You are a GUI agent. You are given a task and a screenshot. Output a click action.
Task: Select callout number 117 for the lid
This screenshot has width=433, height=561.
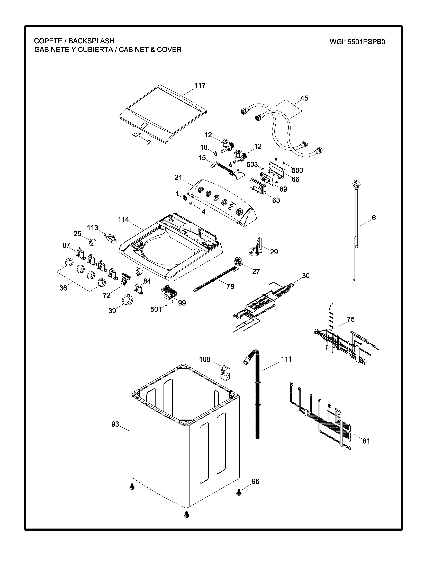click(200, 86)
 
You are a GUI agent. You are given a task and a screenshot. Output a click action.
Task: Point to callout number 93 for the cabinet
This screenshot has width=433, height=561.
click(115, 424)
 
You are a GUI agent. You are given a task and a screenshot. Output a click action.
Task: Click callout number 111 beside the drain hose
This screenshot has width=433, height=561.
click(286, 359)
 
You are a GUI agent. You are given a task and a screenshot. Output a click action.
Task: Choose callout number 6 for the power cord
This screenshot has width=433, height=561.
click(374, 218)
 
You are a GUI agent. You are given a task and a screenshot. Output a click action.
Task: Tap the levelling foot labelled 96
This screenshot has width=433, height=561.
click(238, 492)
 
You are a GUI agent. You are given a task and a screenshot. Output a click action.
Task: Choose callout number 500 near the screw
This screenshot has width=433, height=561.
click(297, 170)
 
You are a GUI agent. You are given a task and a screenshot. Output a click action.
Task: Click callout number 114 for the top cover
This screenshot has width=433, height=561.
click(123, 219)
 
